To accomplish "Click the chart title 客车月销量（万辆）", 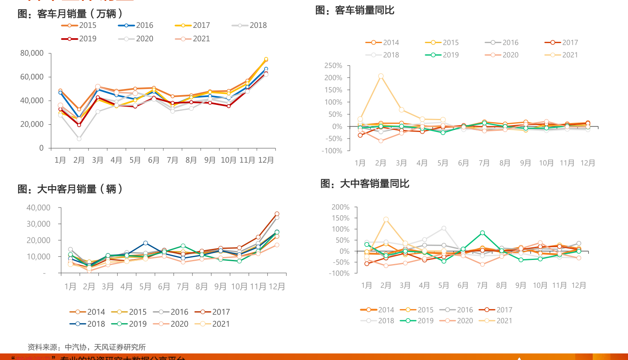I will click(70, 14).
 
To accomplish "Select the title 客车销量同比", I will click(355, 10).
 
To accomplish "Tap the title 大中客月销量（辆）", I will click(70, 189).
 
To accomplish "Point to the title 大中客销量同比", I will click(365, 184).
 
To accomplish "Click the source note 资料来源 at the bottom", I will click(87, 347).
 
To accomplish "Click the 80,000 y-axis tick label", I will click(32, 53).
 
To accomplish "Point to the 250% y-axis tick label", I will click(333, 66).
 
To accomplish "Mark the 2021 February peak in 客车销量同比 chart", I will click(381, 76).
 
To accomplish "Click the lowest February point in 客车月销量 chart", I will click(79, 139).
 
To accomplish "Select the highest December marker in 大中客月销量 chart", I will click(277, 214).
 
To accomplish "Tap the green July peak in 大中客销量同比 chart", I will click(482, 233).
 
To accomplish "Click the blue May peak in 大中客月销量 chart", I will click(145, 243).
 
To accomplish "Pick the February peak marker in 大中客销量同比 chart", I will click(386, 219).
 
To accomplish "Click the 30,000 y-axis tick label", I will click(38, 224).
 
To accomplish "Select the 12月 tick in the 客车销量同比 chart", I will click(587, 163).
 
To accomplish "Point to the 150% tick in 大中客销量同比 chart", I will click(340, 218).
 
